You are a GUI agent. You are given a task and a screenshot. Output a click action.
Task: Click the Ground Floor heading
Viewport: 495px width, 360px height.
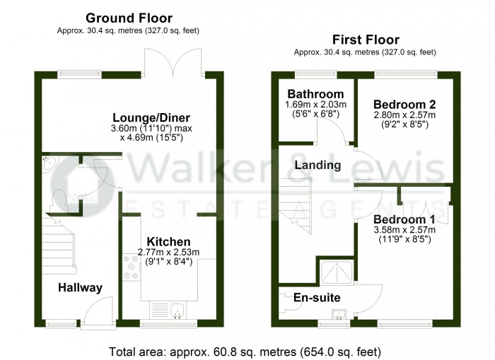[129, 18]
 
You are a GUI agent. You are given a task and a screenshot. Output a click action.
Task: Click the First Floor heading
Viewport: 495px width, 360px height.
[366, 40]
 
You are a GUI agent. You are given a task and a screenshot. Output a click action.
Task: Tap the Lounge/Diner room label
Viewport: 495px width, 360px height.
[151, 118]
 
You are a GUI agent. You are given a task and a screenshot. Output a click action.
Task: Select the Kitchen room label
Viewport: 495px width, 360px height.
[168, 242]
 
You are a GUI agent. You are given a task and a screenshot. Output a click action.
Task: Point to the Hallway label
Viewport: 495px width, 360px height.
[80, 288]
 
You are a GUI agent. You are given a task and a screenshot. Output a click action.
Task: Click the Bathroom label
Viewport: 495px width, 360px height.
[315, 94]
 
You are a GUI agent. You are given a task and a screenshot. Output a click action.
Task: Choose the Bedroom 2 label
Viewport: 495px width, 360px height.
[404, 105]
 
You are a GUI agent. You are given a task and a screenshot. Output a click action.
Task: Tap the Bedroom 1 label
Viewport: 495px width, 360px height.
[404, 219]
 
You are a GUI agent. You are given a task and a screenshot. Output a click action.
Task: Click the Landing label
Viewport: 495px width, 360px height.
[318, 166]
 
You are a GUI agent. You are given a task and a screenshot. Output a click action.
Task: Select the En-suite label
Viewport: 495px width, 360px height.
[317, 298]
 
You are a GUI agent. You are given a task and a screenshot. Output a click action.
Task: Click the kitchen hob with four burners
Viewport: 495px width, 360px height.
[132, 267]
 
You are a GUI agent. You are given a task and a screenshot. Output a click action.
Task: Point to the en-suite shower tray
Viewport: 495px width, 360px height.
[337, 272]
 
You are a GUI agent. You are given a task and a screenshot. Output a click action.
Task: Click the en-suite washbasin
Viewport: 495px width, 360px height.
[339, 315]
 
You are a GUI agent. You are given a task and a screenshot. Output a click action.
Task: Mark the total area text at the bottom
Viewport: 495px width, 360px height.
[245, 352]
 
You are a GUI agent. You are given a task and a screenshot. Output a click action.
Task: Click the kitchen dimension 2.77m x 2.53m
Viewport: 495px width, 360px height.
[168, 252]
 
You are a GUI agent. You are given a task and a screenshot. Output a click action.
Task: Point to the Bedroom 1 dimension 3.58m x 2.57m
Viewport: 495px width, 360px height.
[404, 230]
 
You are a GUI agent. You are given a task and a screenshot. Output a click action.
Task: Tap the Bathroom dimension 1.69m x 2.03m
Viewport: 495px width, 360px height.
[315, 105]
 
